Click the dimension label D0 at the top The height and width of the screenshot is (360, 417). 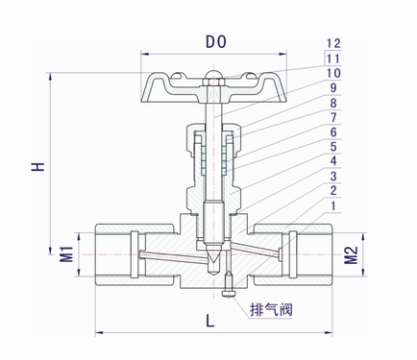point(215,42)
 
